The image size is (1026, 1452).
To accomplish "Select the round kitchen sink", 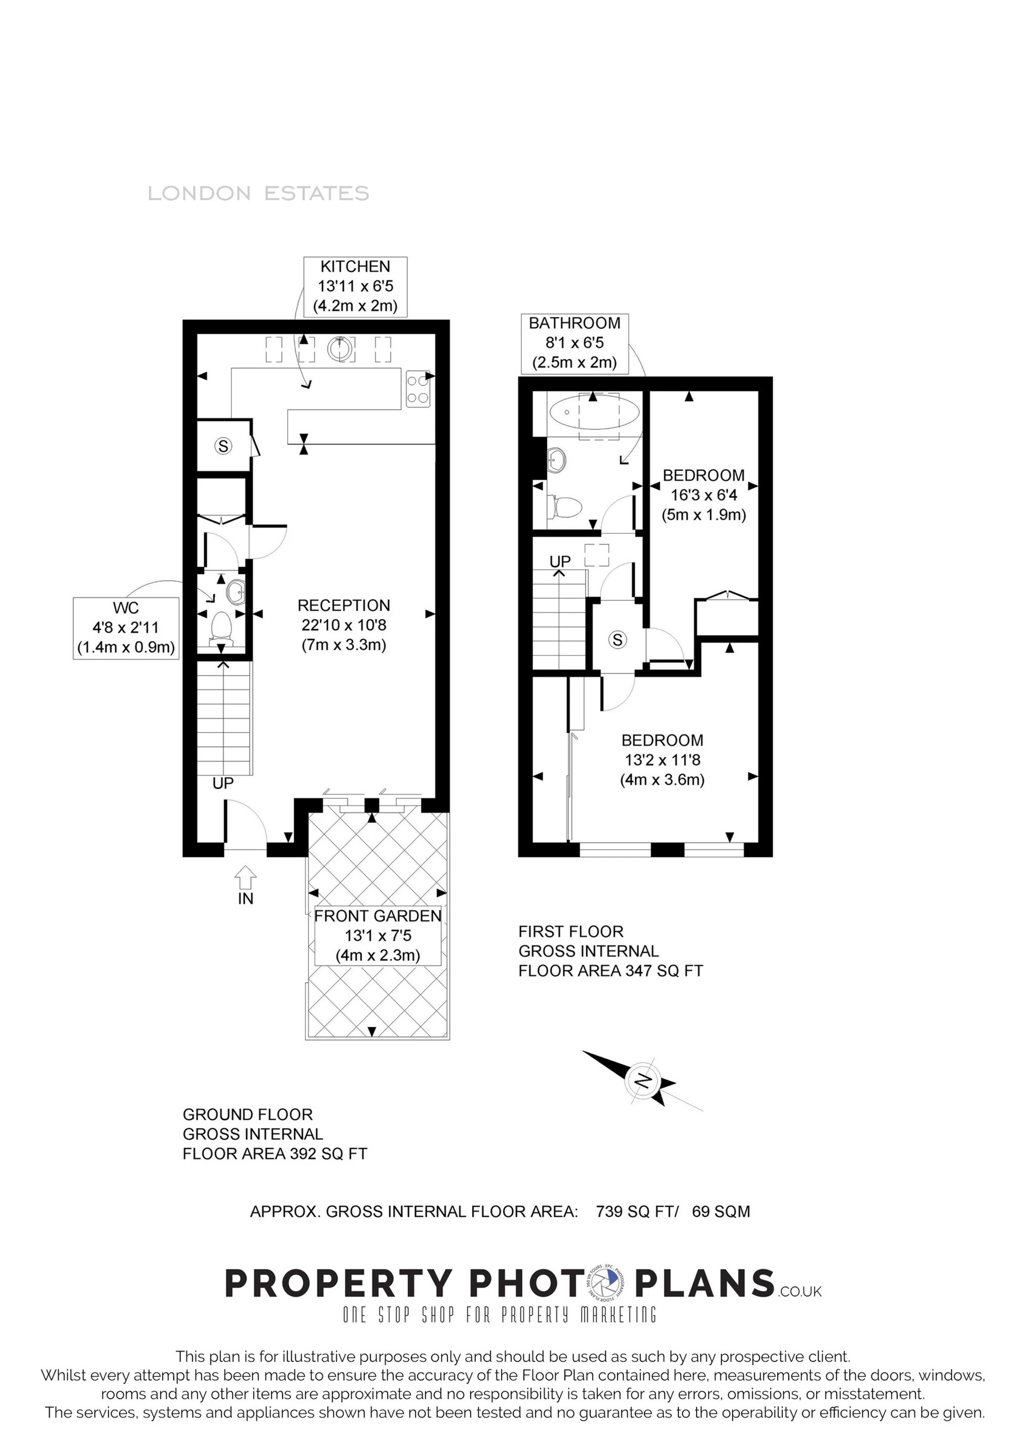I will (x=341, y=349).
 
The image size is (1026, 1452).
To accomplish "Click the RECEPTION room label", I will (x=344, y=625).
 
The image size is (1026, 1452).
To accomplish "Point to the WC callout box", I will (x=126, y=628).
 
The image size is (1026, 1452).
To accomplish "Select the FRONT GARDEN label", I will (x=377, y=935).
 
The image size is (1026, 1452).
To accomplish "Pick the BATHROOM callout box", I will (x=575, y=343).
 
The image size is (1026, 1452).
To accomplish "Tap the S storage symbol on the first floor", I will (x=617, y=640).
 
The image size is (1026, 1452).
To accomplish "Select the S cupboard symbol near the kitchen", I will (x=222, y=446).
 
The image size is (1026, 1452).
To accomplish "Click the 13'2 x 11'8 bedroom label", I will (x=662, y=759).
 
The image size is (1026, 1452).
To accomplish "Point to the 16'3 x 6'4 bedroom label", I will (x=703, y=495).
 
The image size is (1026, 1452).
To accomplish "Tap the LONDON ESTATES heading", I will (x=258, y=194).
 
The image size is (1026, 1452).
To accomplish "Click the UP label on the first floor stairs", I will (x=560, y=561).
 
